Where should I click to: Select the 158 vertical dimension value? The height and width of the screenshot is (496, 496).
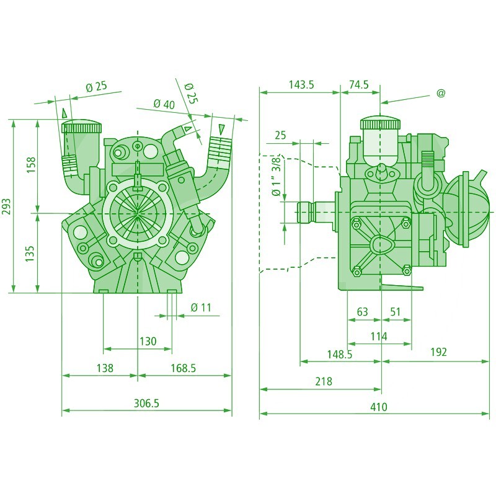point(31,165)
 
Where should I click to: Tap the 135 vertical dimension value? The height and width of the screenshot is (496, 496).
point(31,253)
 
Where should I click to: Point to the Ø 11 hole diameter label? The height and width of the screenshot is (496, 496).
point(201,308)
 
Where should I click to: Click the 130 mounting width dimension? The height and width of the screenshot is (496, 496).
point(148,341)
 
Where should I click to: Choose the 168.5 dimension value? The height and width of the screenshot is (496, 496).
point(184,368)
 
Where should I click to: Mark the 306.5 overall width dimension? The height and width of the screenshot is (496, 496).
point(147,403)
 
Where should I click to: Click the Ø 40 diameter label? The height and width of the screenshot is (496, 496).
point(164,104)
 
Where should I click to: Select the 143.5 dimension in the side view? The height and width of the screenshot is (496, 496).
point(301,85)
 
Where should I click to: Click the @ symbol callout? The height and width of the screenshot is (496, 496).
point(441,93)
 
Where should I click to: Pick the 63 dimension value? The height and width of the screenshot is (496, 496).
point(363,312)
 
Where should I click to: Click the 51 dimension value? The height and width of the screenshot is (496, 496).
point(396,312)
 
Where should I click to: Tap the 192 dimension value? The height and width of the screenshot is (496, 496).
point(438,352)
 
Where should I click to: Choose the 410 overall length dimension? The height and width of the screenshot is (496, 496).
point(378,407)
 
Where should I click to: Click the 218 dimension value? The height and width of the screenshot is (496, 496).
point(324,381)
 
